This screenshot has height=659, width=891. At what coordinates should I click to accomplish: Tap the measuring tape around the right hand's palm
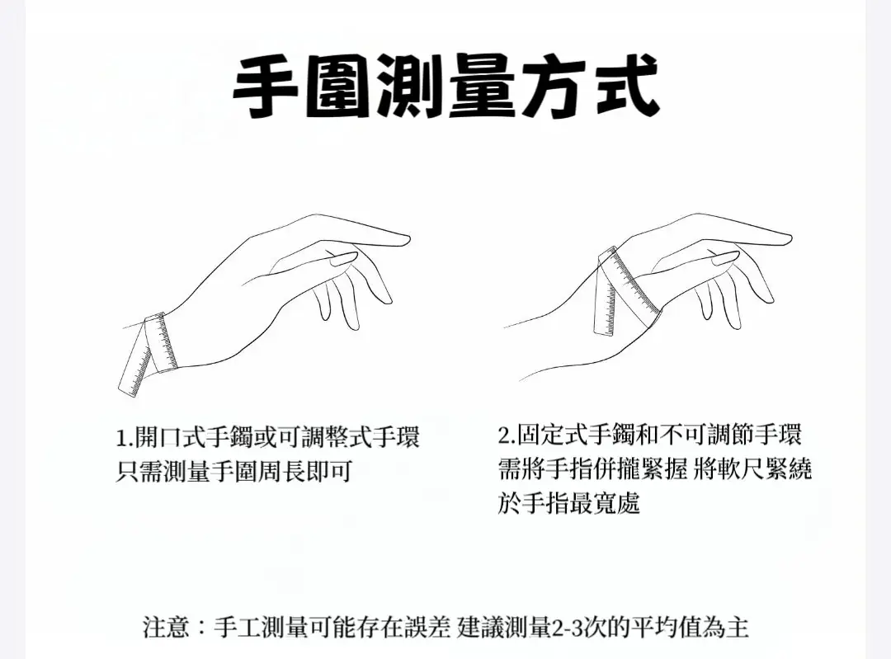pos(625,289)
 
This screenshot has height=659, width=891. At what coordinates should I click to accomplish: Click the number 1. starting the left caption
pos(125,438)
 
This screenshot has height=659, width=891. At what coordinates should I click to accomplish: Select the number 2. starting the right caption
pos(507,435)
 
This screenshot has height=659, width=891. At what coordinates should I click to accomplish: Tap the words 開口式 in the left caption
pos(169,437)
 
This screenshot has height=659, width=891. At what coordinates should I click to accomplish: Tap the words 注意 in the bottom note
pos(165,627)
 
